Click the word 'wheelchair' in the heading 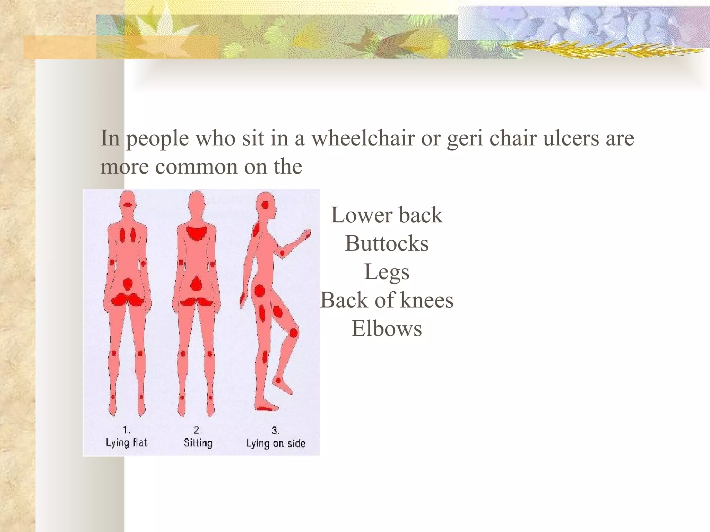pos(363,138)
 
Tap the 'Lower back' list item pos(387,215)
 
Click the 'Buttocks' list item pos(387,243)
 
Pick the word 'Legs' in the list pos(387,272)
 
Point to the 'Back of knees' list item pos(387,300)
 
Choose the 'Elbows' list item pos(387,329)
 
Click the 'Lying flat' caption pos(127,443)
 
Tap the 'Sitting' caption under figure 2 pos(198,443)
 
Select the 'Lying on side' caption pos(276,444)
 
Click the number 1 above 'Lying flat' pos(126,430)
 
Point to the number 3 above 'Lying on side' pos(275,431)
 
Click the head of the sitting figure pos(197,202)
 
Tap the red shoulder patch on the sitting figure pos(197,233)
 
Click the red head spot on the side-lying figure pos(265,205)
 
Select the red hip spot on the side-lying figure pos(260,291)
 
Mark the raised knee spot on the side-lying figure pos(293,333)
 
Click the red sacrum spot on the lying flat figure pos(128,284)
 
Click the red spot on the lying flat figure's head pos(128,205)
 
